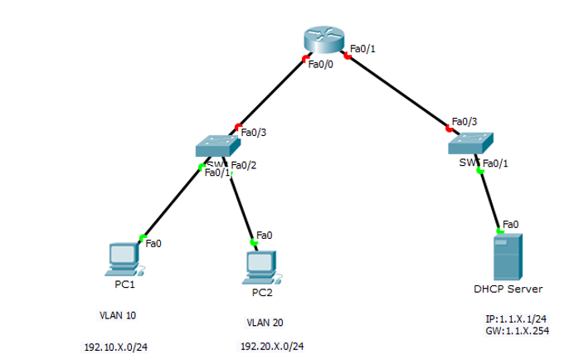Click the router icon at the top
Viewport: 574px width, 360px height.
click(323, 39)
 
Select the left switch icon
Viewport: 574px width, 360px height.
click(216, 146)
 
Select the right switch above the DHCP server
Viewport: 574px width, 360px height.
click(470, 143)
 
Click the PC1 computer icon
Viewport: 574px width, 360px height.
click(124, 260)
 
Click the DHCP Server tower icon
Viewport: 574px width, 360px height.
click(508, 256)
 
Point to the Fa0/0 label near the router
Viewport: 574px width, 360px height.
click(320, 66)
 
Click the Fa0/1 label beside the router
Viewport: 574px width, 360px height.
click(363, 49)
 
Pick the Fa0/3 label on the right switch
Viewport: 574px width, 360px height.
click(465, 121)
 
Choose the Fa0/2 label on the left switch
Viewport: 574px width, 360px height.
click(244, 164)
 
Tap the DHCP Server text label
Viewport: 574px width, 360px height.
click(508, 289)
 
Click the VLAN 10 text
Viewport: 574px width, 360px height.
click(118, 316)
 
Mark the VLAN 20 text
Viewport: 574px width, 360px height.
click(265, 323)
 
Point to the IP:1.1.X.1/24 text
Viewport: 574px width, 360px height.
click(516, 319)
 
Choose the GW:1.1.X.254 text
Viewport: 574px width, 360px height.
click(516, 330)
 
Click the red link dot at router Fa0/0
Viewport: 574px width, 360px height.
click(305, 58)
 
